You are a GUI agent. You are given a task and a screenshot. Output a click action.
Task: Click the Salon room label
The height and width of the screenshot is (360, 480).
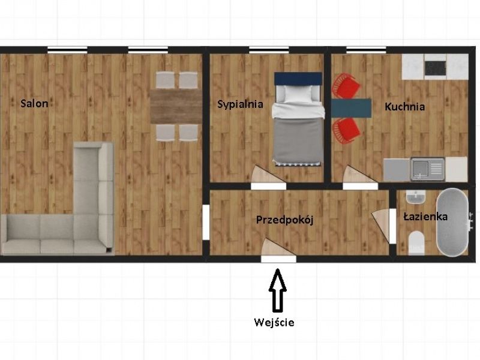(x=34, y=103)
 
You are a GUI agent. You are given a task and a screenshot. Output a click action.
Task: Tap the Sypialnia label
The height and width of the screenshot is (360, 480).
(x=241, y=104)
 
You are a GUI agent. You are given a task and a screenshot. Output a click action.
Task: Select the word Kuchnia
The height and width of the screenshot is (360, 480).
(x=404, y=107)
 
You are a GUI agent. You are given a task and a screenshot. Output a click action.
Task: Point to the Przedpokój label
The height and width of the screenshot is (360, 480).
(x=284, y=220)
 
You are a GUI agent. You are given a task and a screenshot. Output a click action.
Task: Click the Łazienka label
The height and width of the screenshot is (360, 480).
(x=425, y=217)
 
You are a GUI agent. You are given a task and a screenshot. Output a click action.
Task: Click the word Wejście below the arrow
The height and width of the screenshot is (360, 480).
(x=274, y=322)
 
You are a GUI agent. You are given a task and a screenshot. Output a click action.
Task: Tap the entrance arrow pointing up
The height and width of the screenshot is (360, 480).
(x=278, y=290)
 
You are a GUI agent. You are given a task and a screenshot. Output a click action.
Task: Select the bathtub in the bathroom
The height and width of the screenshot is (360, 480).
(x=452, y=222)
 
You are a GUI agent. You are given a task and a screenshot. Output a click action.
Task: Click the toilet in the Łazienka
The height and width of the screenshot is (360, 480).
(x=416, y=243)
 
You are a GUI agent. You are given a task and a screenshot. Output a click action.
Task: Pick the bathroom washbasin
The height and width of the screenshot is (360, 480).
(x=415, y=197)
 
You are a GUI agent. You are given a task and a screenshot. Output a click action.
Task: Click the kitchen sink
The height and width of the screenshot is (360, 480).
(x=427, y=169)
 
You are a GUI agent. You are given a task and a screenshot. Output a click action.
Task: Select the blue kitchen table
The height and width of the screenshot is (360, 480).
(x=352, y=108)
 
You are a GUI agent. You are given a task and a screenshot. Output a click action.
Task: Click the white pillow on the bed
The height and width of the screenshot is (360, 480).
(x=298, y=94)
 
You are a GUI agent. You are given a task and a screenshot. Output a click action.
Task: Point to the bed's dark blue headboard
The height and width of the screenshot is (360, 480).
(x=298, y=79)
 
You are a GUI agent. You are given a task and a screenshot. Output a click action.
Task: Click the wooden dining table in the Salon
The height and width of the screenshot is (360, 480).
(x=176, y=107)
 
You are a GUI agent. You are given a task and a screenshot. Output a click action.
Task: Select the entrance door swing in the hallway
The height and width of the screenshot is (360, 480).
(x=277, y=247)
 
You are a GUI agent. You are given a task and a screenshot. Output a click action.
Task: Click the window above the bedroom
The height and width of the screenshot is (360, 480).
(x=269, y=50)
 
